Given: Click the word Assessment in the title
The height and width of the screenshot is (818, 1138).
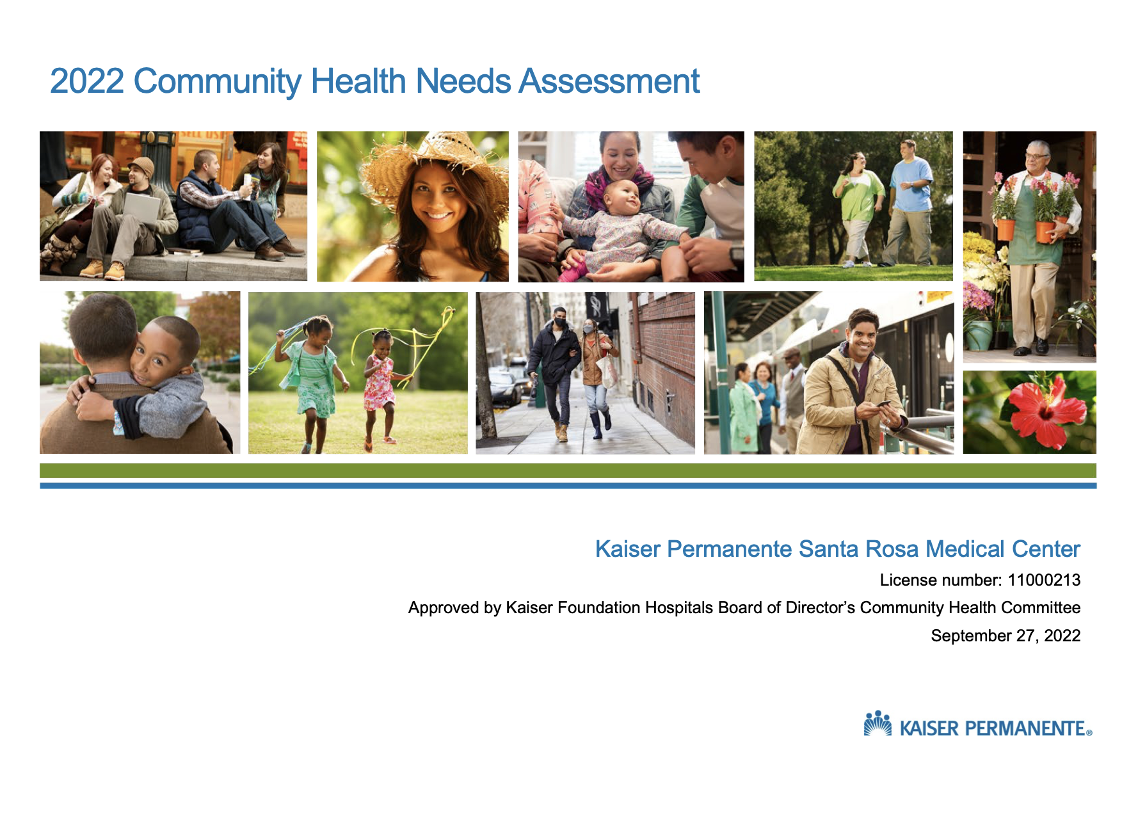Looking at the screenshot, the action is coord(609,81).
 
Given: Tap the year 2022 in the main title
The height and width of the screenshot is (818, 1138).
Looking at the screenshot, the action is coord(87,81).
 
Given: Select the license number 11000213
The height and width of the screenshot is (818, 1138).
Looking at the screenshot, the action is coord(1044,580).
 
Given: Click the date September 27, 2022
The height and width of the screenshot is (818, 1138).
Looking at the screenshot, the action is coord(1006,636).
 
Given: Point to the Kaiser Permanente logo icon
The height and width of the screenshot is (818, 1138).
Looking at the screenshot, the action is coord(878,723).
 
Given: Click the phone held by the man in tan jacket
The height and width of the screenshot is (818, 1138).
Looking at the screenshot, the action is coord(883,404).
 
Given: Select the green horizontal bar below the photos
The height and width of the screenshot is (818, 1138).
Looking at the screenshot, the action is coord(568,470).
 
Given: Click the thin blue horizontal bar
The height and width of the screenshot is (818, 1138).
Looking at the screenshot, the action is coord(568,486).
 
